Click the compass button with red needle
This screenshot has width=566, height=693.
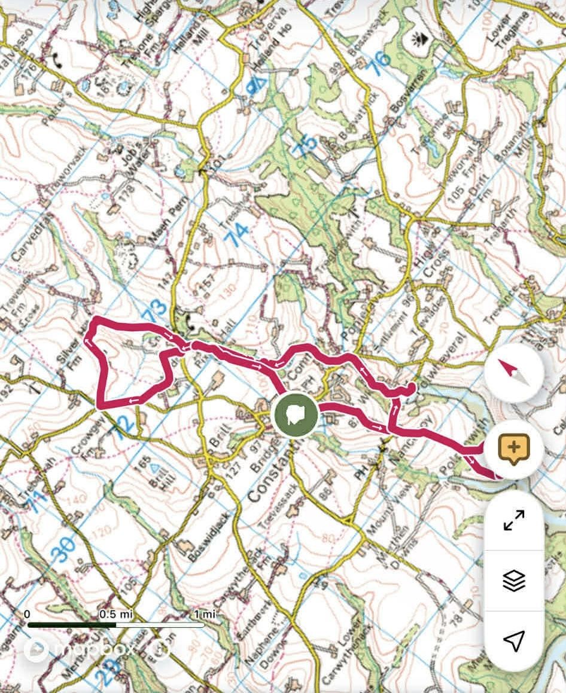[514, 374]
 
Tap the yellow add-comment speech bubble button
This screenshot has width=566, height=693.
[514, 449]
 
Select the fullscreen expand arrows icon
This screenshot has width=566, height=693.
[514, 520]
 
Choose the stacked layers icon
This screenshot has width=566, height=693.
[514, 580]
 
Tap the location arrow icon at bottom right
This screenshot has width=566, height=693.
[514, 640]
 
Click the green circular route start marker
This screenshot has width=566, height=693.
[294, 414]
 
